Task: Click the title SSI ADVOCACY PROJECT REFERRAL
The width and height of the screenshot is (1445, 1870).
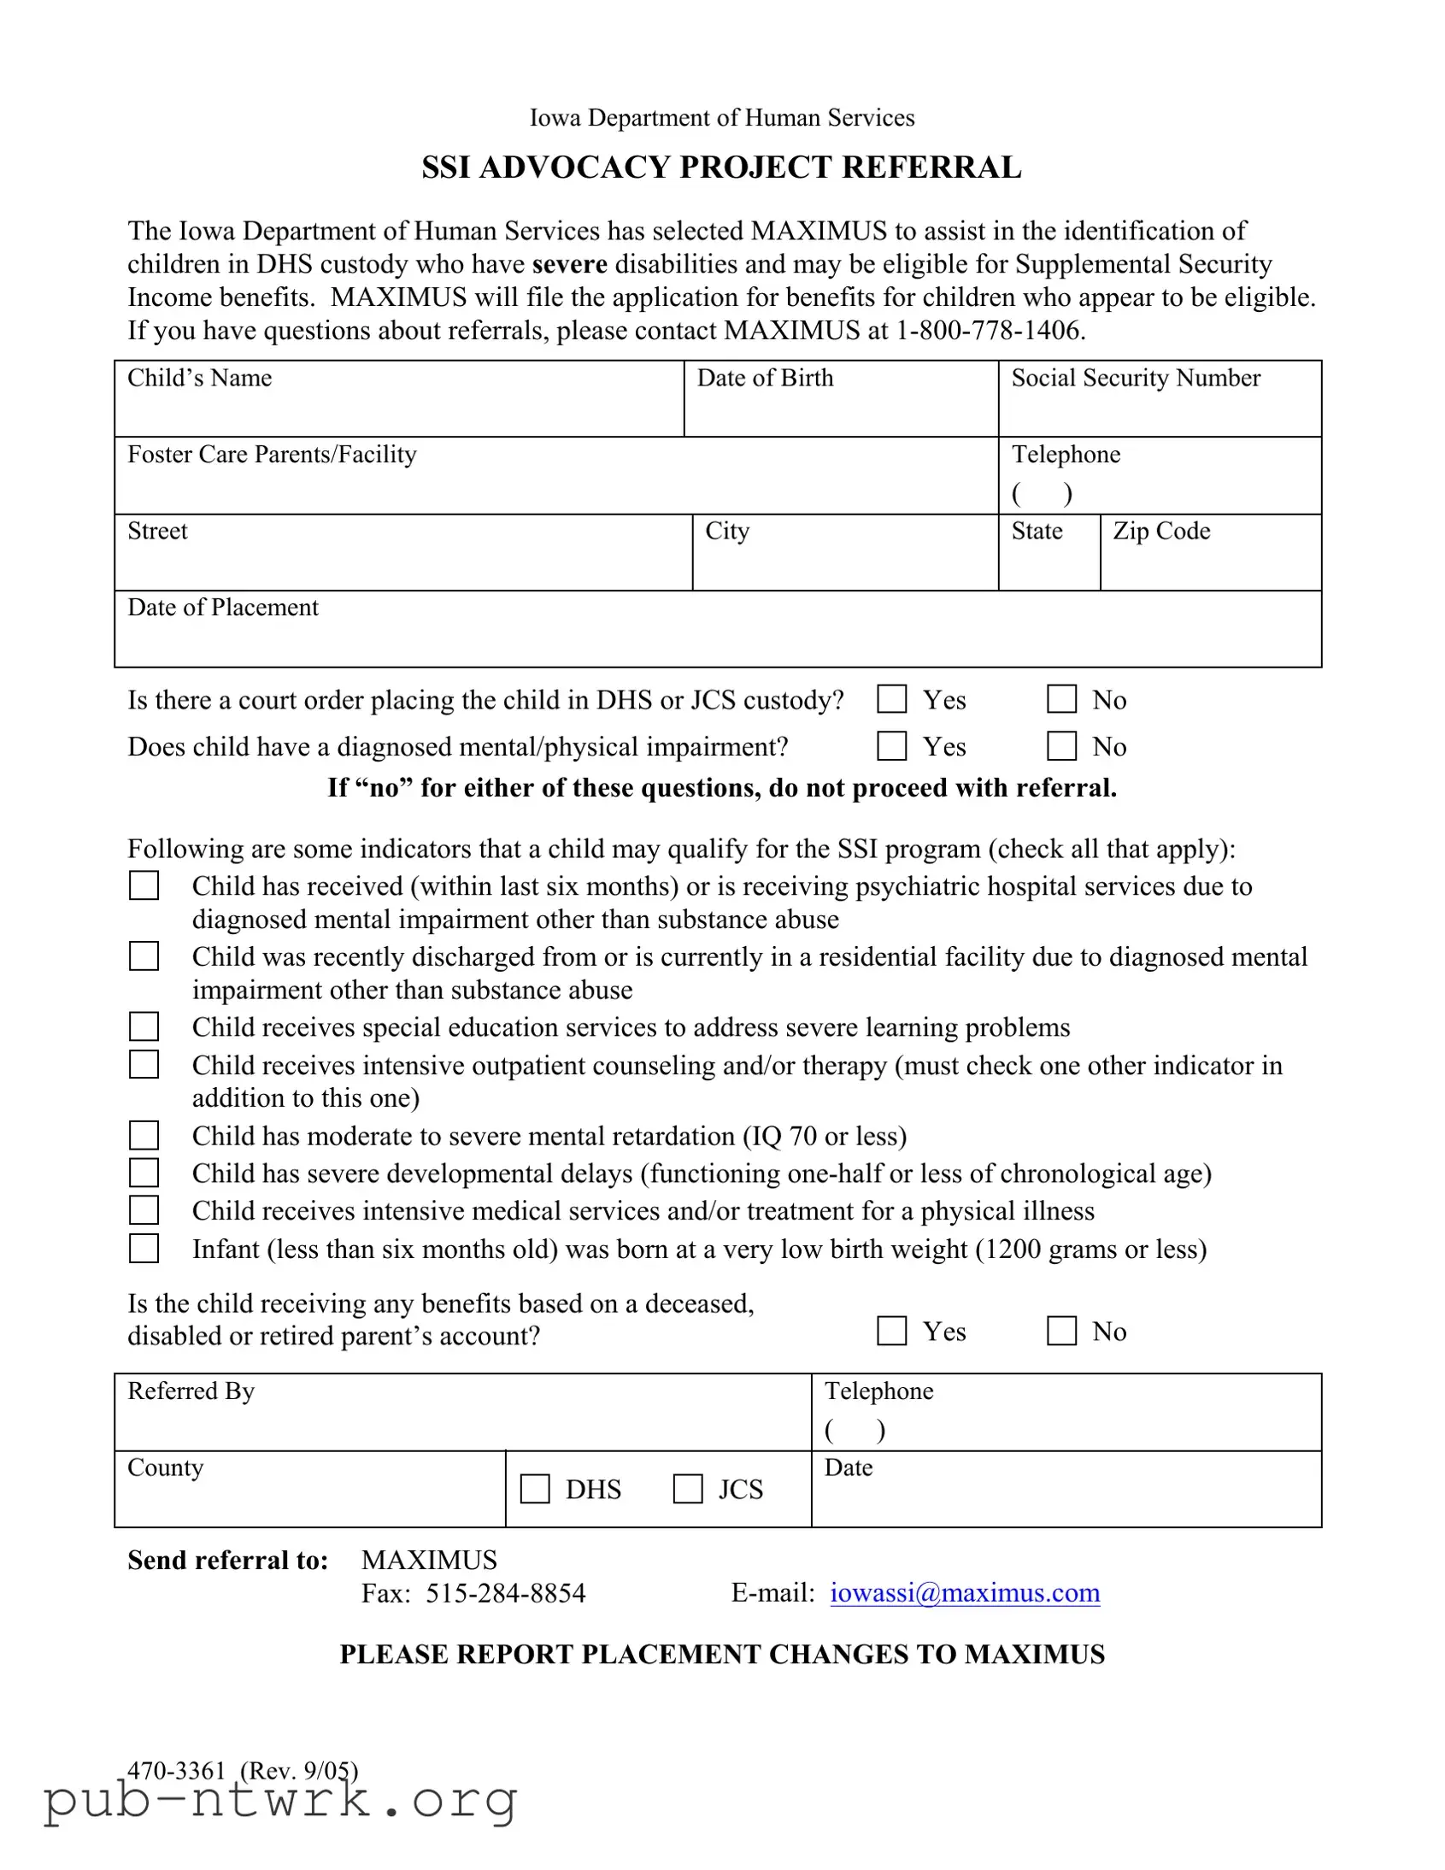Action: pos(720,167)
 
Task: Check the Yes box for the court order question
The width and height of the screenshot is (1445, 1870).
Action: pos(891,699)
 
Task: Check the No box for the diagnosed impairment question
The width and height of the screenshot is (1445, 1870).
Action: pos(1061,747)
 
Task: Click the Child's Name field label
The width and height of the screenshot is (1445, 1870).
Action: pos(199,378)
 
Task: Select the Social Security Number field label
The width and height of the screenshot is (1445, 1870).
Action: pos(1135,378)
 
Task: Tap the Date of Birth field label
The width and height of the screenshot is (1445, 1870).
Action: pos(765,378)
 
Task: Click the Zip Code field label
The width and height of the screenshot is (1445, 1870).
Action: pos(1160,531)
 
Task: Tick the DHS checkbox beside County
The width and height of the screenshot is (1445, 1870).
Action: pos(535,1489)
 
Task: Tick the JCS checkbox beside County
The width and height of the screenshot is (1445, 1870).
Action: pos(687,1489)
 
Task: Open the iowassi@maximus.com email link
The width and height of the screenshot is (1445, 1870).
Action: pos(965,1592)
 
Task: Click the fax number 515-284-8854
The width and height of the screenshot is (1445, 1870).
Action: pos(505,1593)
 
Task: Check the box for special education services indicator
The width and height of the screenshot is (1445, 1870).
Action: pos(144,1026)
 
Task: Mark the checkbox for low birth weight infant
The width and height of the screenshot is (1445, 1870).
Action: pos(144,1249)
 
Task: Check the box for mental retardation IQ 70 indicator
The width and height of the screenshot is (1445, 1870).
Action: pos(144,1135)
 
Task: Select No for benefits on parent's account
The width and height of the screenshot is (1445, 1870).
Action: pos(1061,1331)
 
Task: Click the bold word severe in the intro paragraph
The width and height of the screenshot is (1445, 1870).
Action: pos(569,265)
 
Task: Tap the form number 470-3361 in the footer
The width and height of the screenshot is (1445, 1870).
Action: pos(175,1770)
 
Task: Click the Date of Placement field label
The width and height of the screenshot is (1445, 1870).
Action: pos(222,608)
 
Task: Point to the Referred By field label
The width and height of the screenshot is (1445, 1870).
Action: pos(191,1391)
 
